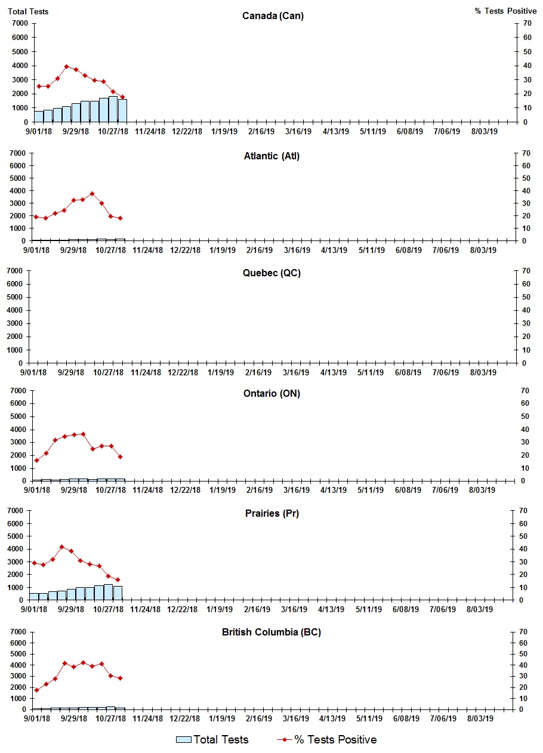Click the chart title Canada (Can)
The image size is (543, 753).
pyautogui.click(x=273, y=16)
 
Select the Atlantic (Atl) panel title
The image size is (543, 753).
pyautogui.click(x=271, y=156)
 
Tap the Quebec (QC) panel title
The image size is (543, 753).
pyautogui.click(x=271, y=273)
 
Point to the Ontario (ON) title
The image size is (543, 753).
pyautogui.click(x=271, y=394)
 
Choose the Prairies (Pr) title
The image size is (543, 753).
pyautogui.click(x=271, y=514)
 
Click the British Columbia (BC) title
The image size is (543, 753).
pyautogui.click(x=271, y=632)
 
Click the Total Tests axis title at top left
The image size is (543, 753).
pyautogui.click(x=28, y=11)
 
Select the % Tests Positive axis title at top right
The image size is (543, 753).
pyautogui.click(x=507, y=11)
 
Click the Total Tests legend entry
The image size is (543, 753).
pyautogui.click(x=212, y=740)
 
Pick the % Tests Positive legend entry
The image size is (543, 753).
pyautogui.click(x=327, y=740)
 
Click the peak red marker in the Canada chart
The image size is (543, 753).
pyautogui.click(x=67, y=66)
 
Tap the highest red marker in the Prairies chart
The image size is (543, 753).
pyautogui.click(x=61, y=547)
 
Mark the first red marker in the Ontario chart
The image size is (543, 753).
pyautogui.click(x=36, y=460)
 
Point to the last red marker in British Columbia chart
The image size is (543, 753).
pyautogui.click(x=120, y=678)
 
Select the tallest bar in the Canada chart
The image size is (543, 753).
pyautogui.click(x=113, y=109)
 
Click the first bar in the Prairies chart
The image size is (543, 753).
pyautogui.click(x=34, y=596)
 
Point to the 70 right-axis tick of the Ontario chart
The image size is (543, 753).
pyautogui.click(x=526, y=390)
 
